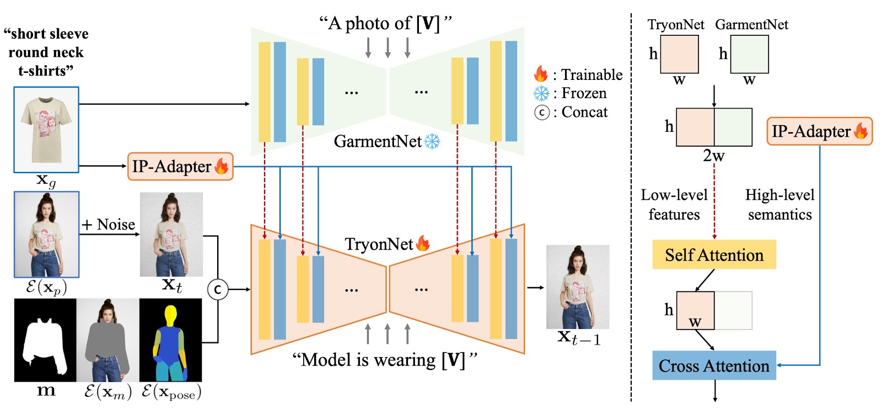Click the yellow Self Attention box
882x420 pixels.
pos(714,255)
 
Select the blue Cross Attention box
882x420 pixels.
pos(714,365)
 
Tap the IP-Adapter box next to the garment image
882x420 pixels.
pos(180,166)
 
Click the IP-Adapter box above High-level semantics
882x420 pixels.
pos(819,131)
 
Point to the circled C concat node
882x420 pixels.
pos(218,289)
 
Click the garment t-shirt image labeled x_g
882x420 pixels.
pos(46,130)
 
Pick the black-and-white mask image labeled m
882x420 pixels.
pos(45,340)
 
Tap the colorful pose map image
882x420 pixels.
pos(171,340)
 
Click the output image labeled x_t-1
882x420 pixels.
pos(578,287)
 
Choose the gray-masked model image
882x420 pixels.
pos(108,340)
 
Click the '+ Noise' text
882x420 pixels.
pos(109,224)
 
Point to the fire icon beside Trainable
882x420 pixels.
pos(541,74)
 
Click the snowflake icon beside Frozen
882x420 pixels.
pos(541,93)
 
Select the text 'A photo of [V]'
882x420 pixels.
pos(386,23)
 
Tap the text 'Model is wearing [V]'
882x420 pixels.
pos(384,360)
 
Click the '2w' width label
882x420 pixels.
pos(714,156)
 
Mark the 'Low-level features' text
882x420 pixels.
pos(674,204)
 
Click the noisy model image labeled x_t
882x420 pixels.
pos(171,234)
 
